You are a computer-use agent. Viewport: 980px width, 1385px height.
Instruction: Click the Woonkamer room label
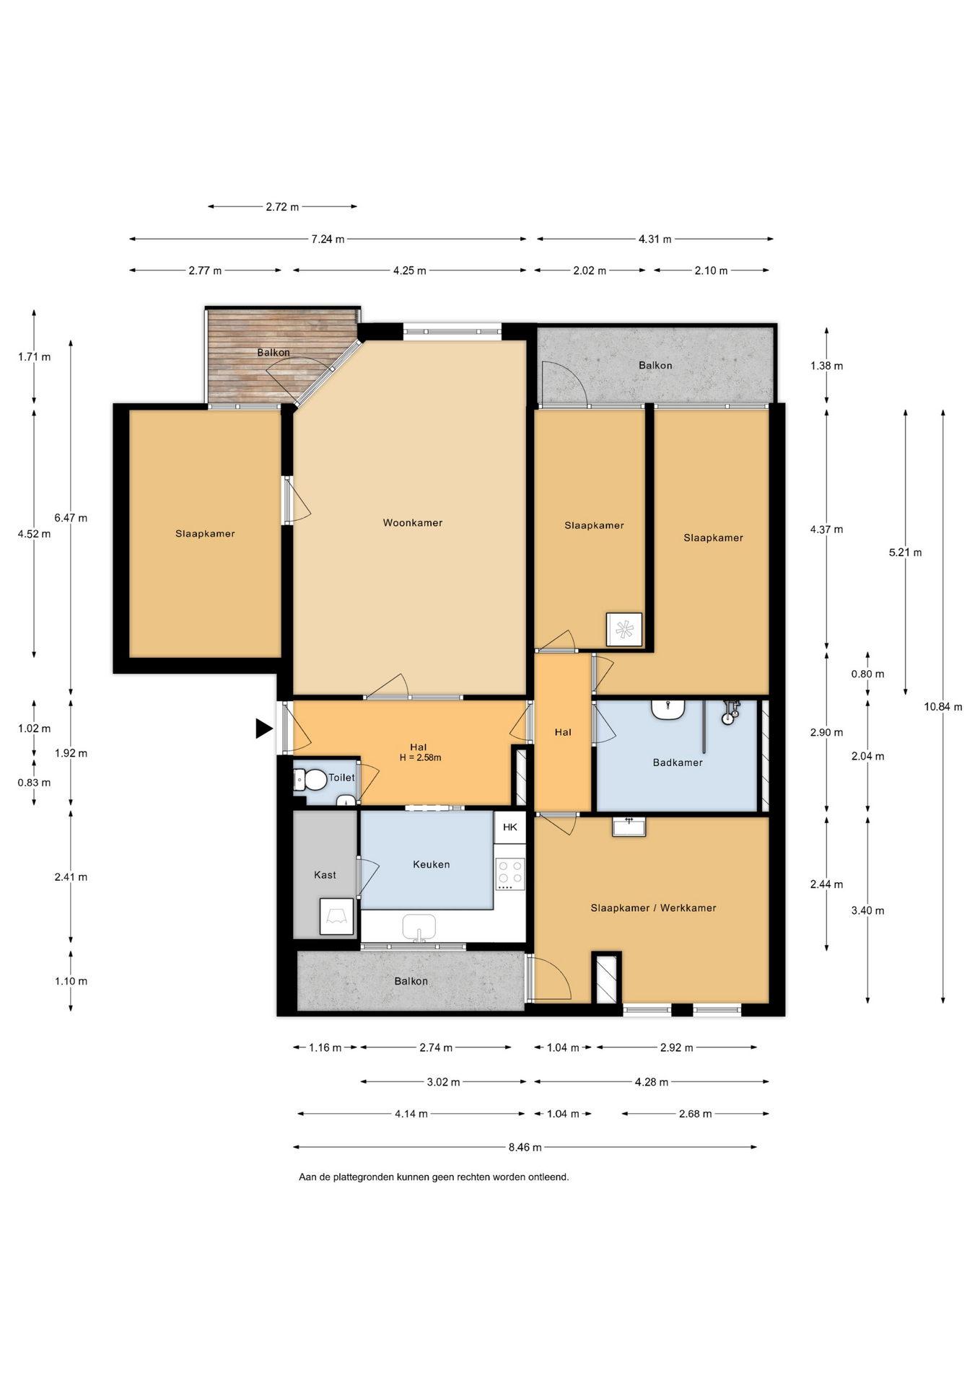coord(413,523)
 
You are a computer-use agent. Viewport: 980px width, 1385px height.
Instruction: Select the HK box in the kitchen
coord(510,827)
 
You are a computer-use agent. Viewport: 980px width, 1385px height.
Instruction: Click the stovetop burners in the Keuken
coord(510,874)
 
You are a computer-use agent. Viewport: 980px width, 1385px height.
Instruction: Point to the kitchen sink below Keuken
coord(419,928)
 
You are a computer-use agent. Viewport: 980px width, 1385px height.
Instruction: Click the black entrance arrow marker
coord(265,729)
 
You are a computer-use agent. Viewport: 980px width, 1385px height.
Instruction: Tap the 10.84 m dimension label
coord(943,707)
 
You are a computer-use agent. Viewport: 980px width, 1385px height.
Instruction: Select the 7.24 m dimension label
coord(328,239)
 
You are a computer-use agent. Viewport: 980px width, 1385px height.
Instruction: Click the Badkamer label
coord(678,762)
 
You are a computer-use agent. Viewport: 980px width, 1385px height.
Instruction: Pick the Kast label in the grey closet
coord(325,875)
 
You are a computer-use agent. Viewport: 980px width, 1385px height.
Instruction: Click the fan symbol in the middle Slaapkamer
coord(624,629)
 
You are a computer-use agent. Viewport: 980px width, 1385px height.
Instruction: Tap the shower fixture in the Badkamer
coord(731,712)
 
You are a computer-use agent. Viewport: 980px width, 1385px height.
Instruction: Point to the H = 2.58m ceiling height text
coord(420,757)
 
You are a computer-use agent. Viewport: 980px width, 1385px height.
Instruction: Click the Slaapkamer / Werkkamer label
coord(653,908)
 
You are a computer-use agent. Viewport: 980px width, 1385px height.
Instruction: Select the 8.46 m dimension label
coord(525,1147)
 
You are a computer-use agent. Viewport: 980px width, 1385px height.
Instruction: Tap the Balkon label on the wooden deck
coord(274,353)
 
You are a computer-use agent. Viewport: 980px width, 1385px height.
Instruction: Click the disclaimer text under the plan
coord(434,1177)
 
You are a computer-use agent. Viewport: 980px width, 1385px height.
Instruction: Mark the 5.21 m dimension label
coord(905,553)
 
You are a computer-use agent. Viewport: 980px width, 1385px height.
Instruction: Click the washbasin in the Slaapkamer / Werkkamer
coord(629,826)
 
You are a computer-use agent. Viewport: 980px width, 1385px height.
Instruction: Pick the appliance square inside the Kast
coord(336,917)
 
